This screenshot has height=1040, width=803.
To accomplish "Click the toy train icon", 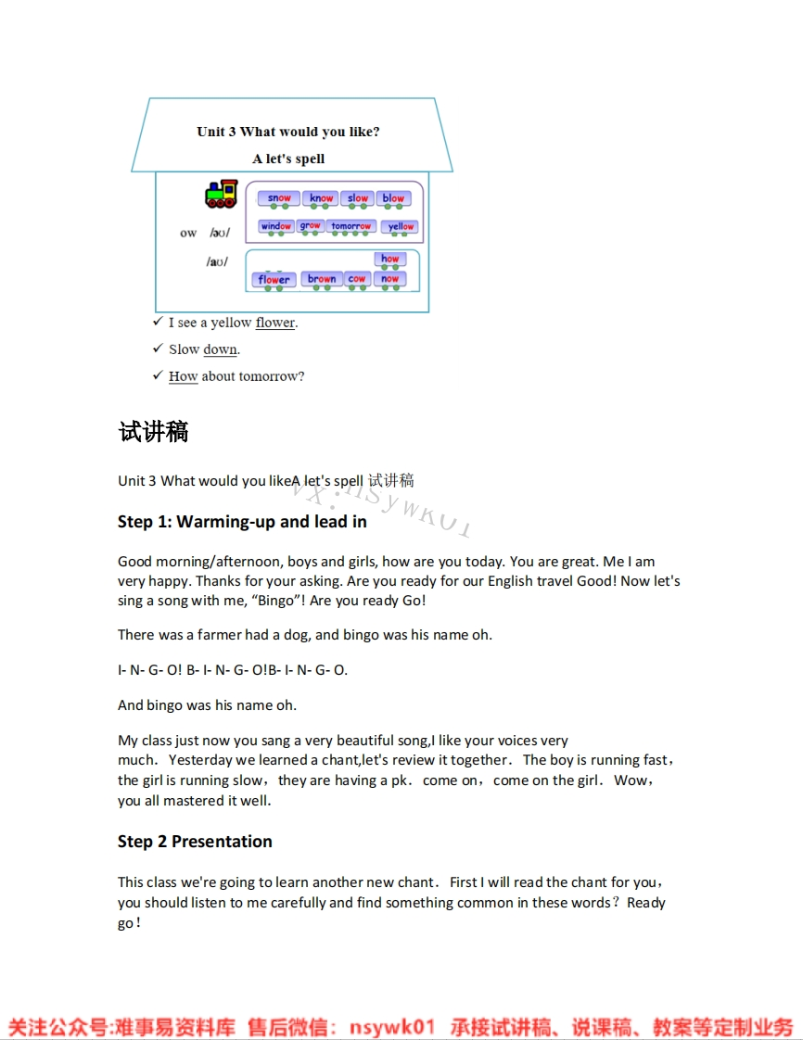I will (x=221, y=194).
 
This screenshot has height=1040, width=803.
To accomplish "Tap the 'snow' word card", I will (x=279, y=198).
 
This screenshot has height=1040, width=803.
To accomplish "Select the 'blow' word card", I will (x=393, y=198).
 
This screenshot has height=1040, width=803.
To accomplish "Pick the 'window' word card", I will (x=276, y=226).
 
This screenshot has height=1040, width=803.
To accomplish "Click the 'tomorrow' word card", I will (x=351, y=226).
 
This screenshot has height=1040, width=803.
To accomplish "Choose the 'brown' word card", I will (x=322, y=279).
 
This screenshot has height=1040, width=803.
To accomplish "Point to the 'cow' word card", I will (x=357, y=279).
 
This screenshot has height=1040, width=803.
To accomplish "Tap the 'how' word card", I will (x=389, y=260).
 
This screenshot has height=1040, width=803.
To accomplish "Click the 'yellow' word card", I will (x=401, y=227).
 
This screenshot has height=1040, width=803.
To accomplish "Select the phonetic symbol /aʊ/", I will (x=217, y=261).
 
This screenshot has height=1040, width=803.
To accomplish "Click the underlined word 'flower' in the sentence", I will (x=275, y=323).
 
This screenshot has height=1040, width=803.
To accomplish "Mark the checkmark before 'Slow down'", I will (x=158, y=349).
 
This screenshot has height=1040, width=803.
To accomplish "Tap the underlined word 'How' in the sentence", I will (x=183, y=376).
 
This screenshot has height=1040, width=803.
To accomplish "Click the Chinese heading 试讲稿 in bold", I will (x=154, y=432).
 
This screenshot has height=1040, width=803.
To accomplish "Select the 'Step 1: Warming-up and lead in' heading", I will (x=242, y=522).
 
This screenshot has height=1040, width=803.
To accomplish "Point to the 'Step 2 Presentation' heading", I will (x=195, y=842).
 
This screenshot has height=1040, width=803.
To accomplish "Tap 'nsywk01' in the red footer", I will (x=391, y=1027).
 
